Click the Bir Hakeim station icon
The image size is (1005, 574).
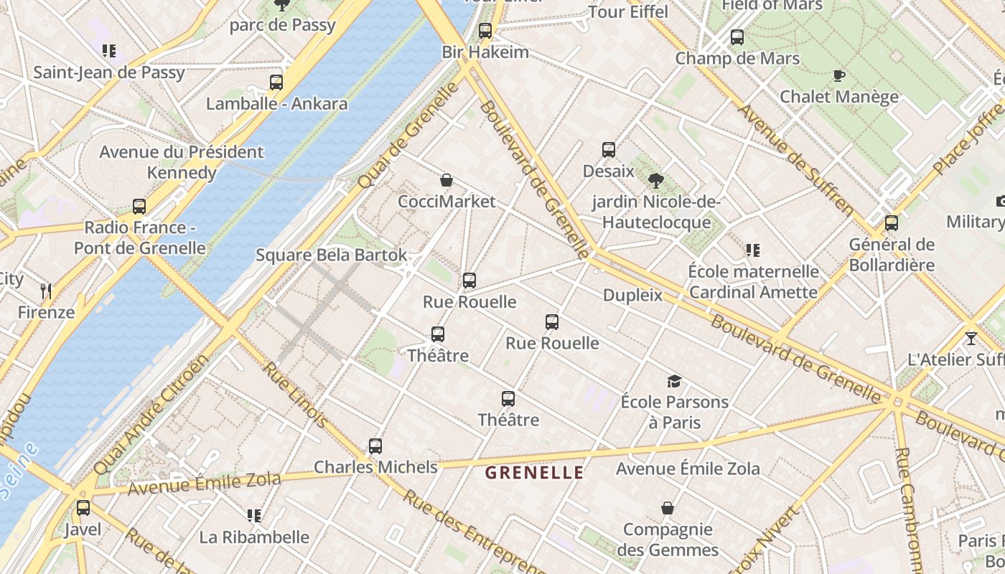[485, 31]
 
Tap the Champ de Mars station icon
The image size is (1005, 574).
[737, 37]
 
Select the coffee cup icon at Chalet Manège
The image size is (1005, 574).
[838, 75]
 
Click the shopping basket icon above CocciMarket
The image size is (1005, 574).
[447, 180]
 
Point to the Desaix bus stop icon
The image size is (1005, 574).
[609, 150]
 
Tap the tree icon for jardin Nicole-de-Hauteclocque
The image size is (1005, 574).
[655, 181]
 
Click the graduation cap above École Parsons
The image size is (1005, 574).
[674, 381]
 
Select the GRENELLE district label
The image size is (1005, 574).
[534, 473]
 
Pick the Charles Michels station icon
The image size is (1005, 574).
[375, 446]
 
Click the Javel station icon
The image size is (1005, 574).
[83, 508]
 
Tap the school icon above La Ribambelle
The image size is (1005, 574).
[253, 516]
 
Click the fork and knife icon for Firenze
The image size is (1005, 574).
[47, 291]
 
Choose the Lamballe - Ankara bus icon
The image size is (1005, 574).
[276, 83]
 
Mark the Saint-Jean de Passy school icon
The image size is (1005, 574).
[109, 51]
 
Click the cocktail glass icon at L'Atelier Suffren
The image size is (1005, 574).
[971, 338]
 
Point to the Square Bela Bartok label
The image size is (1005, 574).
[332, 255]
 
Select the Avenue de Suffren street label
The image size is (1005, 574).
[796, 161]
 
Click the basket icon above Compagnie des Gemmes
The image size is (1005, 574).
[668, 509]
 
